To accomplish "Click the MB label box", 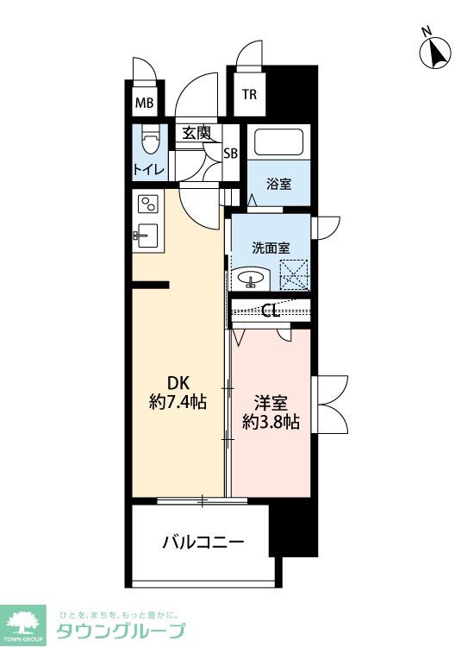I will tap(144, 104).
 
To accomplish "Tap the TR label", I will tap(248, 96).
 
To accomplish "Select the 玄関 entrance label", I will tap(196, 133).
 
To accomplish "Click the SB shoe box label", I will tap(230, 154).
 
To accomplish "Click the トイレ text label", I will tap(148, 170).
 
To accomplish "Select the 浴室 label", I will tap(278, 184).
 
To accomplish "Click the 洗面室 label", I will tap(270, 248).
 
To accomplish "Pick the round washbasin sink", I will tap(252, 280).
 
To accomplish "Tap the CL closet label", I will tap(269, 311).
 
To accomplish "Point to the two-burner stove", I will tap(148, 204).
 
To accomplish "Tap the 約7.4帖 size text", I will tap(177, 402).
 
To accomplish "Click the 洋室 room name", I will tap(270, 403).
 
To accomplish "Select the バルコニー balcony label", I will tap(203, 543).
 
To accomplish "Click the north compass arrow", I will tap(436, 53).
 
